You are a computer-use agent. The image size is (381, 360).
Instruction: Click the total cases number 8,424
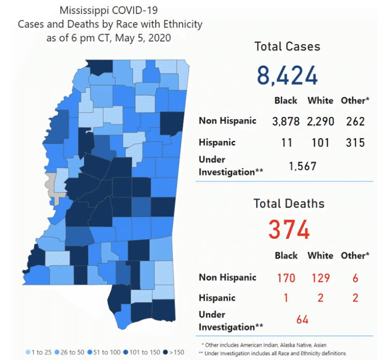tap(287, 75)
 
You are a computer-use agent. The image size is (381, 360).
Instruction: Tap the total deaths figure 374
tap(288, 229)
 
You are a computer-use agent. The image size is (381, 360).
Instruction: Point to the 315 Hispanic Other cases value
tap(355, 142)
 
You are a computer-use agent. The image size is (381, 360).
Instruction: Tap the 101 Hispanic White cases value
tap(320, 142)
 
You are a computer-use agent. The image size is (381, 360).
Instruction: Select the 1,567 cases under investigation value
tap(302, 166)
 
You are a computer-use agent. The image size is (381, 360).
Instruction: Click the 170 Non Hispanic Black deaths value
tap(286, 278)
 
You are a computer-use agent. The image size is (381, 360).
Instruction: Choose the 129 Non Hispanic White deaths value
tap(320, 278)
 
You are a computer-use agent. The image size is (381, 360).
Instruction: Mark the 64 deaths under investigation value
tap(302, 320)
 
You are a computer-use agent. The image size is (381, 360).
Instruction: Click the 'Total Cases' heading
tap(287, 46)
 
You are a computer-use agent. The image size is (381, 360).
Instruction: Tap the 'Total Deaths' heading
tap(289, 204)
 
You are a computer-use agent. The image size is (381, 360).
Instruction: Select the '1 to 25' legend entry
tap(39, 352)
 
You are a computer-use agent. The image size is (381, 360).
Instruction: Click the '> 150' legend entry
tap(173, 352)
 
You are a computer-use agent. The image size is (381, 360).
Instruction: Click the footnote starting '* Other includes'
tap(264, 344)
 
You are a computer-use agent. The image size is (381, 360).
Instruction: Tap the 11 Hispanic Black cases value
tap(286, 142)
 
